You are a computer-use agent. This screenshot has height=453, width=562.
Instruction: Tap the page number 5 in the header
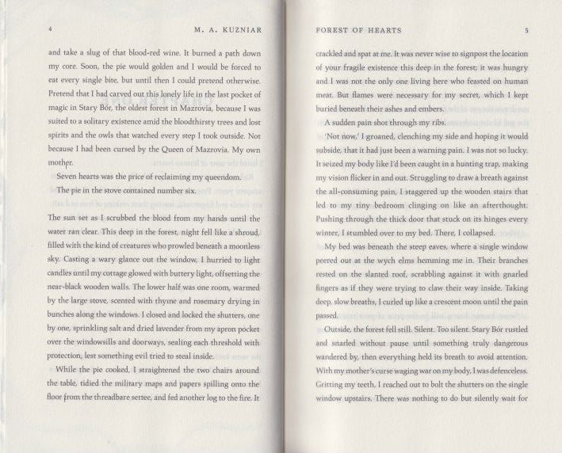pyautogui.click(x=526, y=30)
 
